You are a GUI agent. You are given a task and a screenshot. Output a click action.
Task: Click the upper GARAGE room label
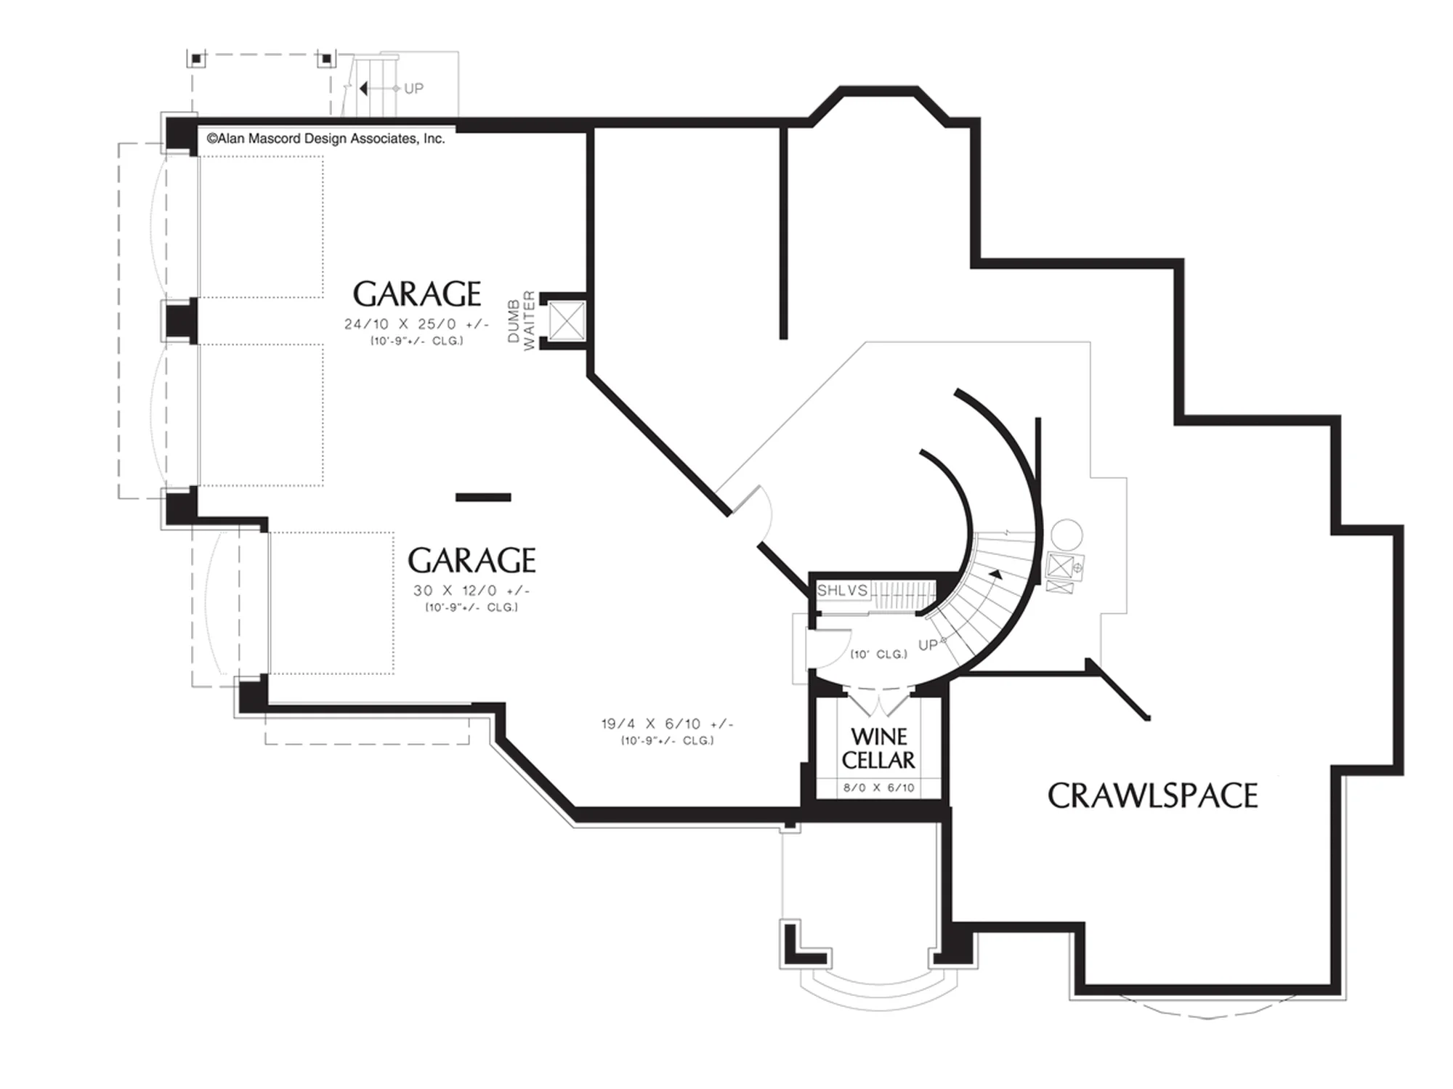click(x=417, y=294)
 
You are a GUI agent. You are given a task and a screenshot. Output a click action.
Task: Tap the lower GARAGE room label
click(x=471, y=561)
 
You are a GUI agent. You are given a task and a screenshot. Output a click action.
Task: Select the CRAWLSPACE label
click(x=1152, y=796)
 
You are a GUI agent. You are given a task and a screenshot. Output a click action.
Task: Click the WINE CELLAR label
click(x=878, y=748)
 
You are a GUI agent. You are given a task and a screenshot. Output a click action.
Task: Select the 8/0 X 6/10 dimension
click(x=878, y=788)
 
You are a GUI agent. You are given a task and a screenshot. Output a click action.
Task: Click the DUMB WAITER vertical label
click(x=521, y=320)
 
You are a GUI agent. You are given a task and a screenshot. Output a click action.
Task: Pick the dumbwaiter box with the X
click(x=567, y=321)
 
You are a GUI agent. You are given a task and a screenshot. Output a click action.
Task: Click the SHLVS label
click(x=842, y=590)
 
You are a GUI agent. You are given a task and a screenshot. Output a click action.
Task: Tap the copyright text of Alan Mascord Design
click(x=325, y=139)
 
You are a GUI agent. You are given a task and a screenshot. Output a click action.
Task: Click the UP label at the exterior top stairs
click(x=413, y=89)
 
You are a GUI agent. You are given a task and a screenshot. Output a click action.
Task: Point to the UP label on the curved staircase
click(x=928, y=645)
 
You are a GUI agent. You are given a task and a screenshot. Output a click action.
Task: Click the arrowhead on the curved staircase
click(x=995, y=575)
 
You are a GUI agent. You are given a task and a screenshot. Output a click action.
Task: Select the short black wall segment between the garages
click(x=483, y=498)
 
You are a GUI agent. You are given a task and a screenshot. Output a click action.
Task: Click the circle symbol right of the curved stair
click(x=1067, y=535)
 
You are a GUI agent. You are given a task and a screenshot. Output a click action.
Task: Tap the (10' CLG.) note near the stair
click(x=879, y=655)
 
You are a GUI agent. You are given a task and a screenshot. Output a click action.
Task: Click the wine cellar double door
click(x=878, y=704)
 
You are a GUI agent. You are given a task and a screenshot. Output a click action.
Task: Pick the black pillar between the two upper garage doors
click(x=180, y=320)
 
